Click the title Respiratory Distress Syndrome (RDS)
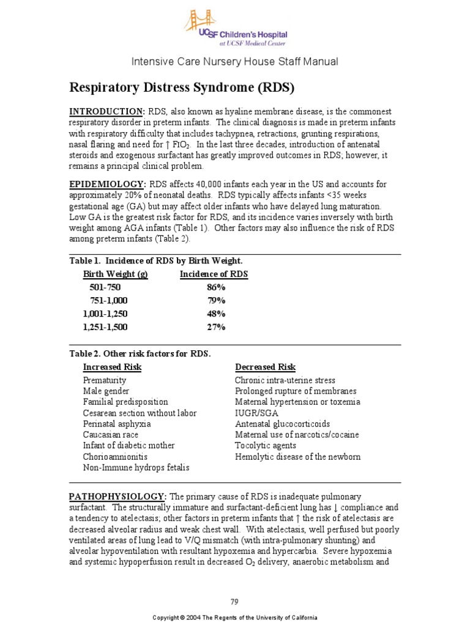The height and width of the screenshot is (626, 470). point(182,87)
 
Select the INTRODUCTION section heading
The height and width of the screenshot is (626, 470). point(107,111)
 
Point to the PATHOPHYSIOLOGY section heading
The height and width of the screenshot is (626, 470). point(116,495)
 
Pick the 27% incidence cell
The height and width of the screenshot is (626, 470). point(216,327)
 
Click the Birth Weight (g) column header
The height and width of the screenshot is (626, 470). point(115,274)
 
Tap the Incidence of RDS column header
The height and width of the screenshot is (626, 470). point(214,274)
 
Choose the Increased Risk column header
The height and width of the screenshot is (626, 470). point(112,367)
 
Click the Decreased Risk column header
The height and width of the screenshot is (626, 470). point(265,367)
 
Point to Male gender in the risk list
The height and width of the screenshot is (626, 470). point(106,391)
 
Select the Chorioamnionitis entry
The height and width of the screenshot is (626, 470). point(115,457)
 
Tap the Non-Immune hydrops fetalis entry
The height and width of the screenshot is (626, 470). point(136,468)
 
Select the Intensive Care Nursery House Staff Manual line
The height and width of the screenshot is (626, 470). point(234,62)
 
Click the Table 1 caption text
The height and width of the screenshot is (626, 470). point(160,260)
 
